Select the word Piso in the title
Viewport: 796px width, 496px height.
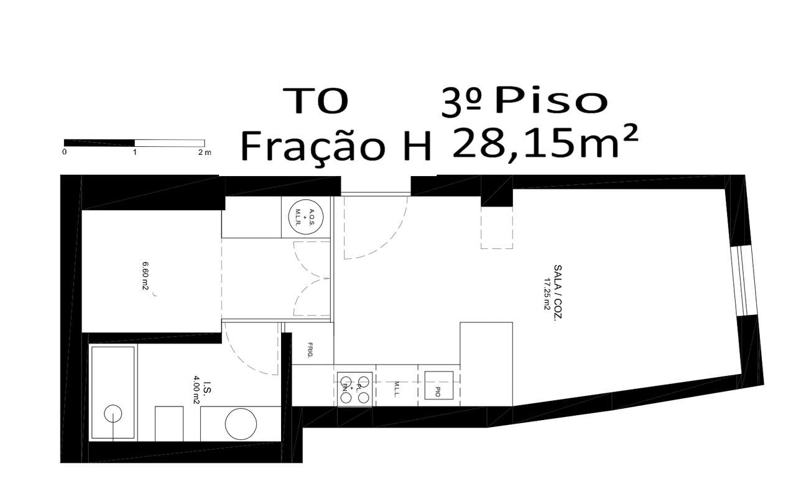550,101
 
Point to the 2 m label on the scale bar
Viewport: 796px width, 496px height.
204,152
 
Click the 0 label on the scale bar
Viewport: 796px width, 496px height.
65,152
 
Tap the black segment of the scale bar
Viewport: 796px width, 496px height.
99,143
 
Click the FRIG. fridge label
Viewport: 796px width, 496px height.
310,352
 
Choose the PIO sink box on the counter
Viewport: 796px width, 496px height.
438,385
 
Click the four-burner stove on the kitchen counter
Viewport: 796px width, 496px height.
355,388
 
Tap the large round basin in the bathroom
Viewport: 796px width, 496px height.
241,424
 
